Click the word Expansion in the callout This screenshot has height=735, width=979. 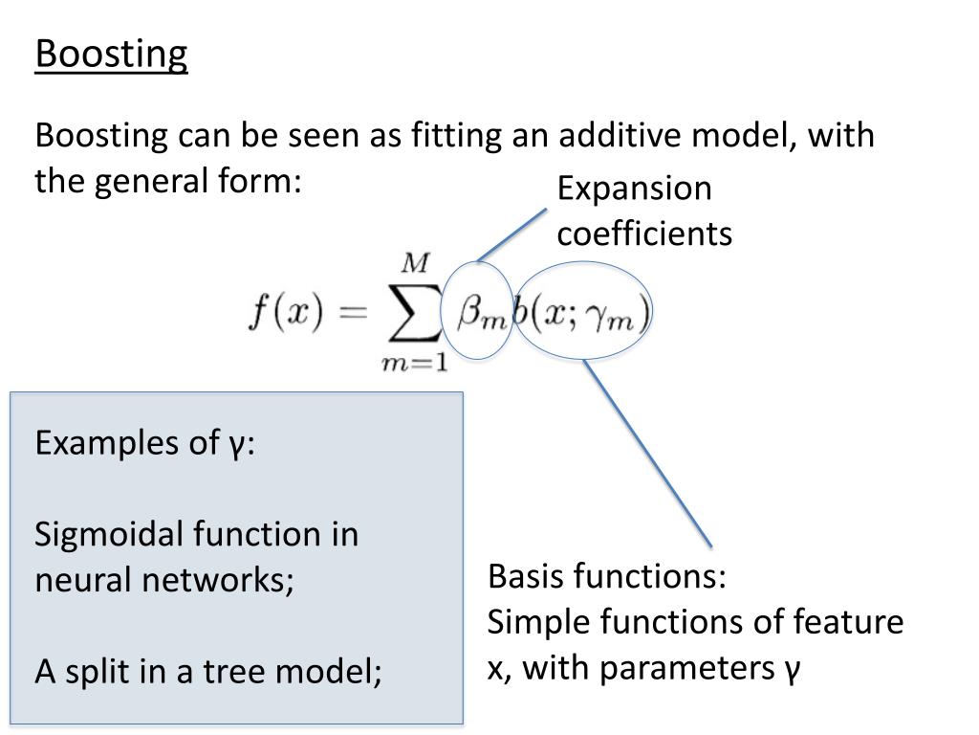click(x=635, y=189)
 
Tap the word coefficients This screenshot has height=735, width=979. click(x=644, y=234)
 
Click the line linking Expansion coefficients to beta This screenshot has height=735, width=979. click(x=512, y=234)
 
